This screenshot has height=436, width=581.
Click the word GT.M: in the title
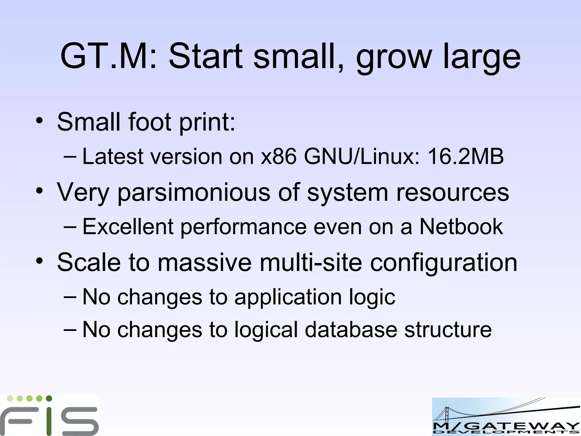pyautogui.click(x=109, y=56)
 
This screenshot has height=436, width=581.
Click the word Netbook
pyautogui.click(x=461, y=227)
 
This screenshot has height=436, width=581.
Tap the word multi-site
pyautogui.click(x=311, y=262)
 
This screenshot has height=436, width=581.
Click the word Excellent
pyautogui.click(x=128, y=227)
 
